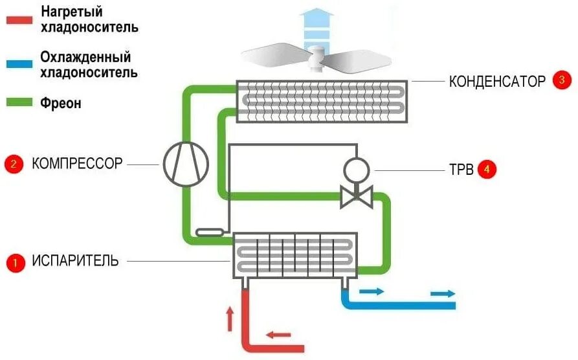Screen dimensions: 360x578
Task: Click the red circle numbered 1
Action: [x=14, y=262]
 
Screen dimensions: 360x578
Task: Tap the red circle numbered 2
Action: [x=13, y=164]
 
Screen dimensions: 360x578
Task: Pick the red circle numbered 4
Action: [x=487, y=170]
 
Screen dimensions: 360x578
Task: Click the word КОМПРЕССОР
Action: [x=77, y=164]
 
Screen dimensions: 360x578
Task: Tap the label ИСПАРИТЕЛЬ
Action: [x=76, y=262]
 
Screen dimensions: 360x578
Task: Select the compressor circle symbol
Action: [x=185, y=163]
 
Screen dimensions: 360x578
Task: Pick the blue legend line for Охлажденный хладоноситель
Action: [x=19, y=64]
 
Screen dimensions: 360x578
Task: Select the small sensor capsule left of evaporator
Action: [x=210, y=231]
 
